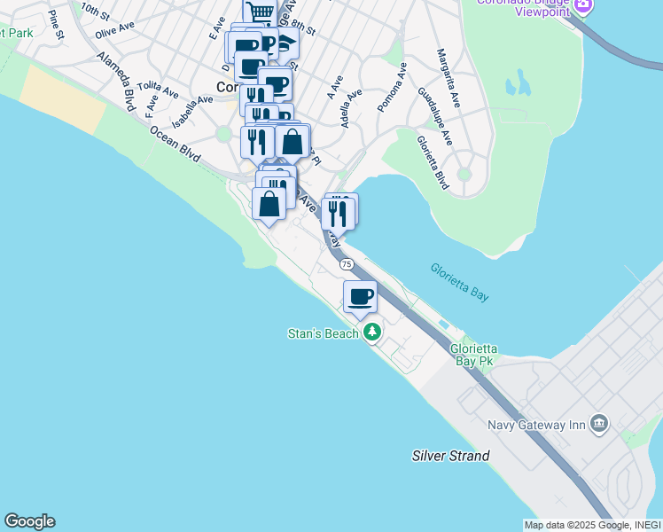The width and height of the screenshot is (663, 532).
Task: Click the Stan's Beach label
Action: (x=324, y=333)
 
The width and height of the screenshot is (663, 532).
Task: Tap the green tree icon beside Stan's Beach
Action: (x=373, y=332)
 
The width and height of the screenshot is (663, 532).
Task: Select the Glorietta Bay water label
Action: (x=459, y=282)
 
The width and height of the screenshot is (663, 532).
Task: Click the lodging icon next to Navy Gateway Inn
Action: (x=600, y=423)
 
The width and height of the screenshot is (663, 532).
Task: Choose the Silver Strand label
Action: (x=450, y=456)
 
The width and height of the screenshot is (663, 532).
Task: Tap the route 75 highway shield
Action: (x=346, y=264)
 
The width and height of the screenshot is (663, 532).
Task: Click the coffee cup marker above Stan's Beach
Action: (x=360, y=296)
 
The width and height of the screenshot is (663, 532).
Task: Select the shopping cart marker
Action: (x=260, y=12)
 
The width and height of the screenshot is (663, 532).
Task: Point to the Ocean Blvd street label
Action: (x=175, y=141)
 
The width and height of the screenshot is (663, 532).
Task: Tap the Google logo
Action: (x=29, y=521)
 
